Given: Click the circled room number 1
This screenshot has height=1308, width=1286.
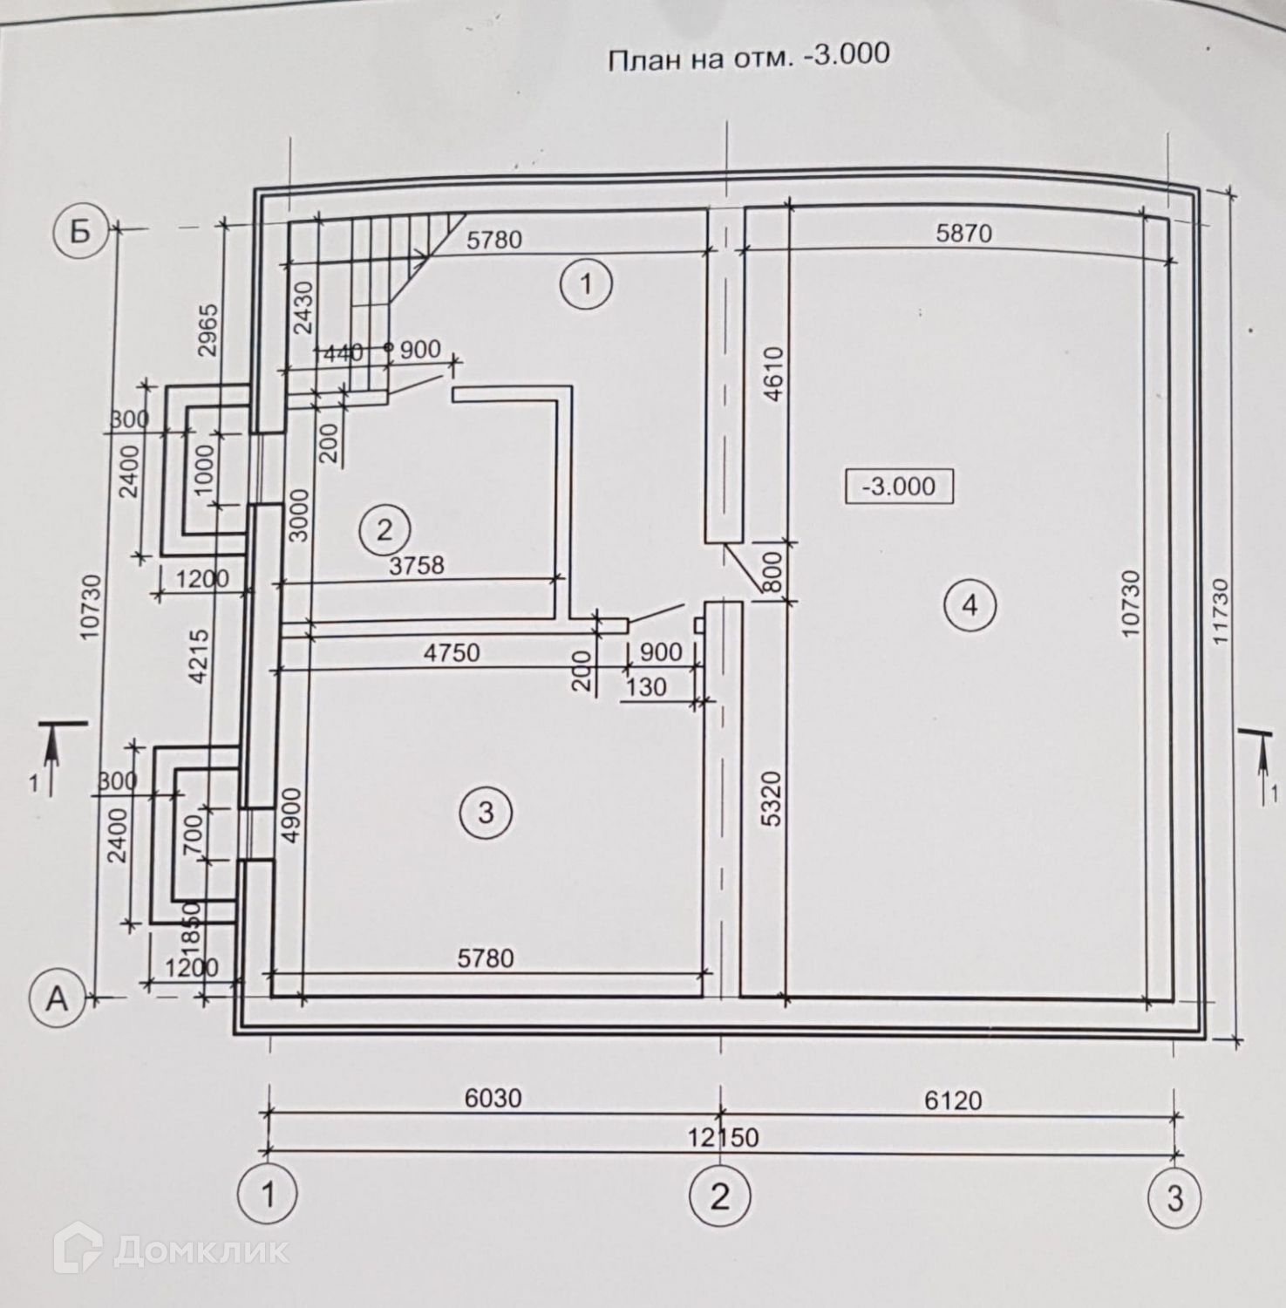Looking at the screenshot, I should coord(587,284).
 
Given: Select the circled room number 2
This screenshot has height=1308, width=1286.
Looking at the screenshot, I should coord(384,528).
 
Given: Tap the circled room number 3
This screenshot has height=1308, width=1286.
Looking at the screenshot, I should coord(486,813).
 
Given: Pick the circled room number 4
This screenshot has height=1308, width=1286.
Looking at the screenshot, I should coord(970,604).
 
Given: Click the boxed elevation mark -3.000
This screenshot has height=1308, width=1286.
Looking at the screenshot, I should coord(898,486).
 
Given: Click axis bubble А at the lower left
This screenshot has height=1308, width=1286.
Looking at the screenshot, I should coord(57,998).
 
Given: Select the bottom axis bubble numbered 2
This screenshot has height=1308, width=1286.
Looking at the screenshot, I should coord(719,1196).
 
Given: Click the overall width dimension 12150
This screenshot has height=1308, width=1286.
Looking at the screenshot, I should coord(723,1138).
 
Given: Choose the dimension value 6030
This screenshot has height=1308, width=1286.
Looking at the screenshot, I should coord(493,1097).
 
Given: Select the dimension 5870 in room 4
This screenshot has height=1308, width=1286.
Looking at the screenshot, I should coord(963,233).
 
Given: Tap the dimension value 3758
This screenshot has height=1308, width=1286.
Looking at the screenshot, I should coord(417,565).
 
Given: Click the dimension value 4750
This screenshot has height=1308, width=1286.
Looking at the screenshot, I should coord(452,651).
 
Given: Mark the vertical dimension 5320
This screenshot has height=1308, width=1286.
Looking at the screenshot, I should coord(773,798).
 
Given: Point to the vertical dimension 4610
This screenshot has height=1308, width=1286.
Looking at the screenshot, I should coord(773,375).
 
